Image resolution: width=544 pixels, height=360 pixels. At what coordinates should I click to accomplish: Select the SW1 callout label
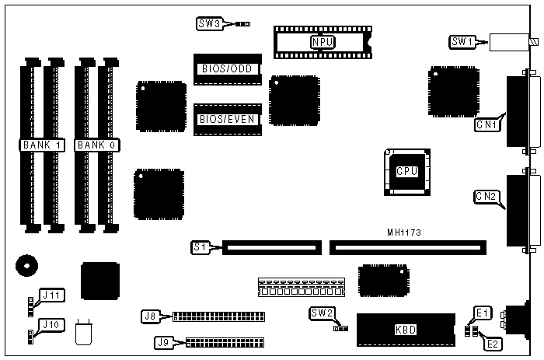pos(462,40)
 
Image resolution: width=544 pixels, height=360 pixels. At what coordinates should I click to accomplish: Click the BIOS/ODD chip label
pos(228,68)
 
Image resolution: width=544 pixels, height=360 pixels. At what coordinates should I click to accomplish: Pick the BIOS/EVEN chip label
pos(228,119)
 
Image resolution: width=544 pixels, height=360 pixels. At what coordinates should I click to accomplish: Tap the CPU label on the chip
pos(406,171)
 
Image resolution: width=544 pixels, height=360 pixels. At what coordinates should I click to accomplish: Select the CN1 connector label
pos(486,123)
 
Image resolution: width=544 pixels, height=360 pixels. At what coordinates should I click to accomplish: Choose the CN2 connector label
pos(486,197)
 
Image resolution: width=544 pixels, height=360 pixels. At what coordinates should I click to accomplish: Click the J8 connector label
pos(151,316)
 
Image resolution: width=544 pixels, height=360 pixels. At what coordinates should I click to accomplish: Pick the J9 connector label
pos(164,341)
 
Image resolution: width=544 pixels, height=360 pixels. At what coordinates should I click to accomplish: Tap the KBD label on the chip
pos(406,330)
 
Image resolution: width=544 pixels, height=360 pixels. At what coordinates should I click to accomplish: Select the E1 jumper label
pos(483,313)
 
